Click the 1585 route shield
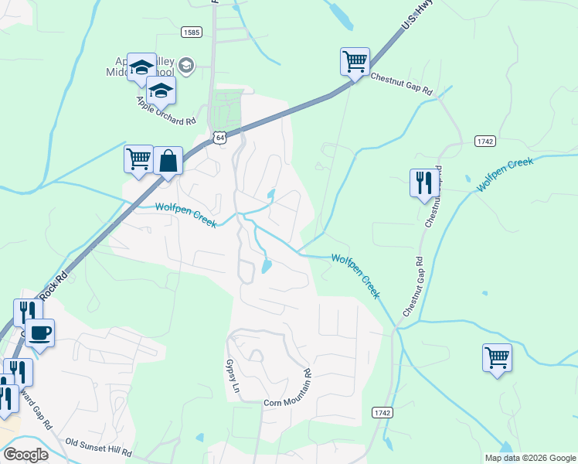(192, 32)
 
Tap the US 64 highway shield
(221, 138)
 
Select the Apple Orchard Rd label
(165, 111)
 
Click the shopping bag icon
(168, 162)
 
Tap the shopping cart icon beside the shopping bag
(139, 159)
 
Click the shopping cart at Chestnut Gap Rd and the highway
(355, 62)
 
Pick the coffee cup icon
(40, 334)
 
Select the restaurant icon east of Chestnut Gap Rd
(423, 183)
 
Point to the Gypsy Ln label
(230, 377)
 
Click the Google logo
(25, 454)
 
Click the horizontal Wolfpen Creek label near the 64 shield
(185, 209)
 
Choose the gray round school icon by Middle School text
(185, 63)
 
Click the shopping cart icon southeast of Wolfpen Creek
(498, 358)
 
